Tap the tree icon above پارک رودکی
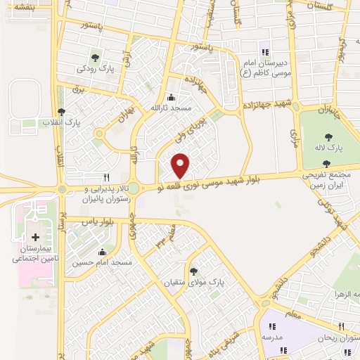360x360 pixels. (94, 58)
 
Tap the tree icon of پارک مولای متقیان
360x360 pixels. (193, 271)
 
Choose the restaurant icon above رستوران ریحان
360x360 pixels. (341, 326)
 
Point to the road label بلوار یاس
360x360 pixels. (98, 220)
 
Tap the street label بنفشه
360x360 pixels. (21, 6)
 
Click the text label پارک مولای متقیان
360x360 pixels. (219, 282)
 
